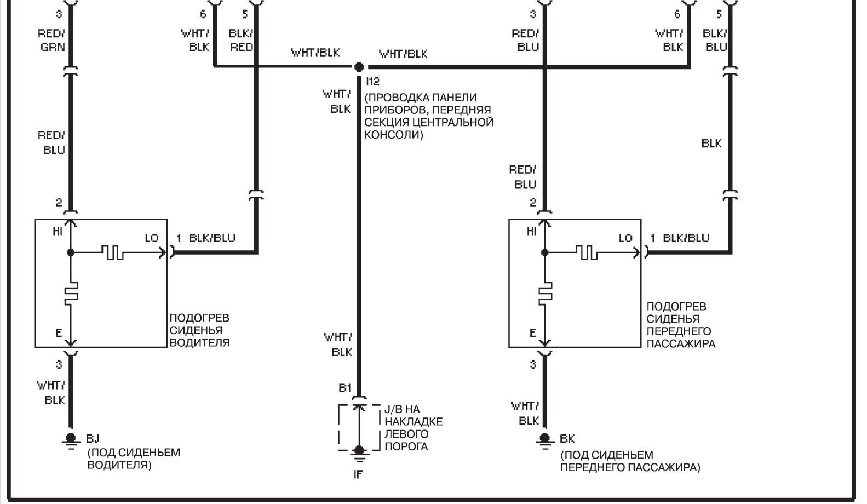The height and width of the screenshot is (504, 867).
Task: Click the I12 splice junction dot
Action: pos(359,67)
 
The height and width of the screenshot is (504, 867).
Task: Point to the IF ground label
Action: pos(358,474)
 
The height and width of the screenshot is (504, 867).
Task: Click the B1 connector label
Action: pos(345,388)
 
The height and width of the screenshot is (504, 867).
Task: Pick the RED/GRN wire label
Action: pos(51,40)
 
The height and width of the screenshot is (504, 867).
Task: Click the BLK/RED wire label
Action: pos(241,40)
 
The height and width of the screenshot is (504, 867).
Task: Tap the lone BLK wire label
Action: pos(711,144)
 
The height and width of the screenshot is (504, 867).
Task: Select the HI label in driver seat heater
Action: pos(58,232)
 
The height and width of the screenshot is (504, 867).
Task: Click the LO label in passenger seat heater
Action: pos(625,238)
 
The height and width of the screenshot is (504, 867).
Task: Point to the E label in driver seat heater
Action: pos(59,333)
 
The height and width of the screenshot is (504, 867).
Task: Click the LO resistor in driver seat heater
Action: pos(113,253)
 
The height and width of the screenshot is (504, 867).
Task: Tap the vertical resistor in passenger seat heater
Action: pos(545,291)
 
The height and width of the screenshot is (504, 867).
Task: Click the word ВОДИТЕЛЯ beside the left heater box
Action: pos(199,343)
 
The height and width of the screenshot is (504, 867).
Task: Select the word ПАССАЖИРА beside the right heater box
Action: pos(681,343)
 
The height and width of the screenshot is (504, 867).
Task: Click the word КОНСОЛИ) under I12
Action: pos(394,135)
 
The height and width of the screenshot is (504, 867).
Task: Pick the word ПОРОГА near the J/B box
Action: pos(406,446)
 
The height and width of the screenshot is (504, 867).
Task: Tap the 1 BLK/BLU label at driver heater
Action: pos(205,238)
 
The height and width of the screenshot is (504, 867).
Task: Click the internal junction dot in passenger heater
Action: pos(544,253)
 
